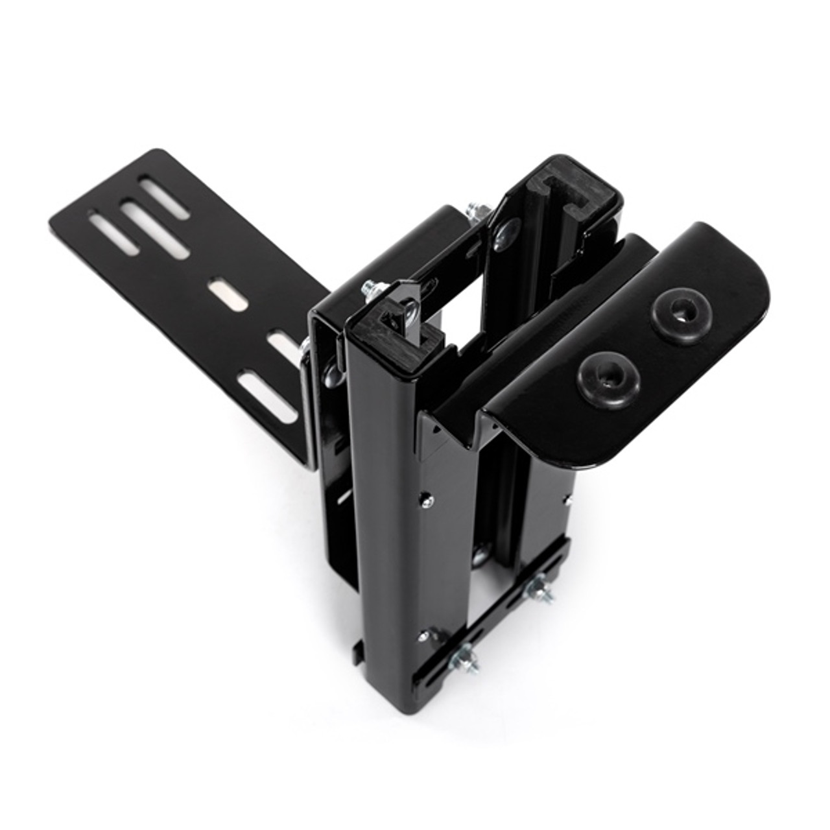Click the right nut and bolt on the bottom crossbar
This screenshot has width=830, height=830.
tap(538, 588)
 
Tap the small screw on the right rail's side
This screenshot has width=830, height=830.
tap(569, 499)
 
